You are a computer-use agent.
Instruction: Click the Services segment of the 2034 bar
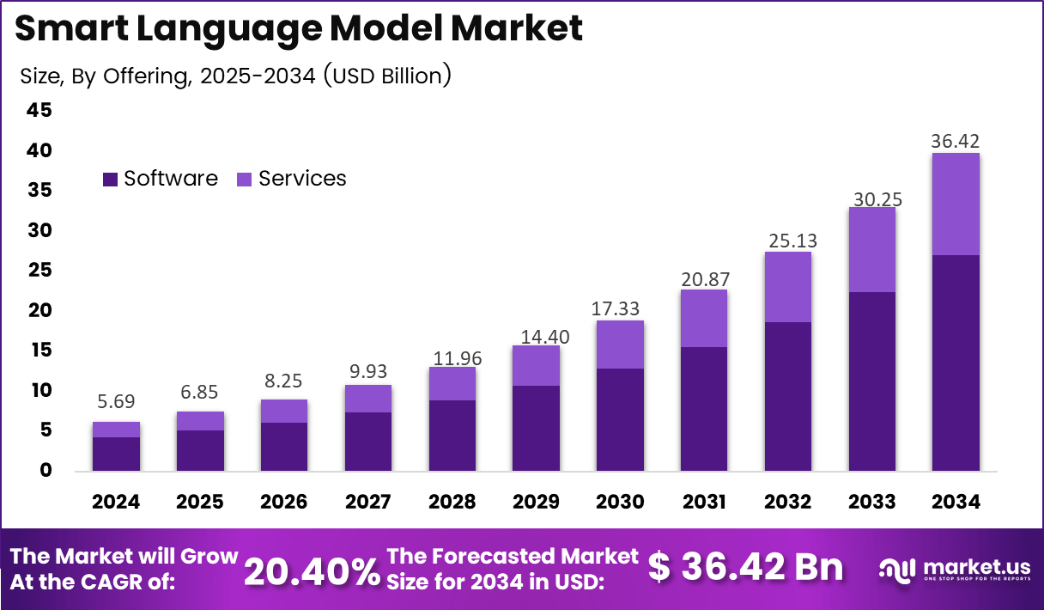click(956, 204)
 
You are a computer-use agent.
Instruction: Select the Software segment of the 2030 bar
click(620, 419)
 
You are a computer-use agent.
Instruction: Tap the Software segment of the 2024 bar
click(116, 454)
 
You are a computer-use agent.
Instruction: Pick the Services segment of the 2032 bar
click(787, 287)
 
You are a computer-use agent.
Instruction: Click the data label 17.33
click(620, 308)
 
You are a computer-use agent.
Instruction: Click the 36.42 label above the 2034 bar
click(956, 141)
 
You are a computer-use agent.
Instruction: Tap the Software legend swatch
click(110, 179)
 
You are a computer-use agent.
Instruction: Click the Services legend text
click(302, 179)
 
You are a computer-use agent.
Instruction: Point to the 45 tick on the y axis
click(39, 110)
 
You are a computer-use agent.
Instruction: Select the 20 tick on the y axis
click(39, 310)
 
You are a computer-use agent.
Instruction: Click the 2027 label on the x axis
click(368, 502)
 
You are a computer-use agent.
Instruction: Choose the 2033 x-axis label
click(871, 502)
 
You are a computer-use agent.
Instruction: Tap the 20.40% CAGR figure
click(312, 570)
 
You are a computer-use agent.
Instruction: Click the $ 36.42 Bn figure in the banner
click(744, 568)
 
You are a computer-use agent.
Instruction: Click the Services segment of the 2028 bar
click(452, 383)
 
